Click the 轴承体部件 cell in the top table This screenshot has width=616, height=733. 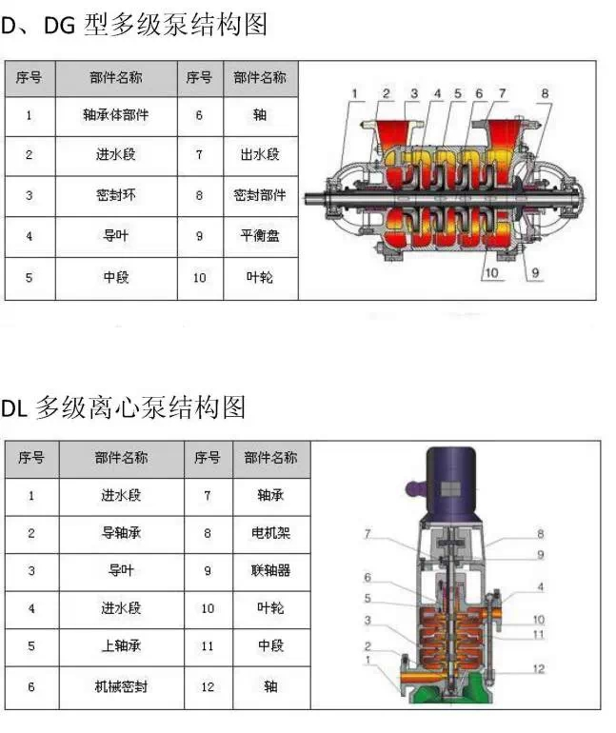(x=116, y=116)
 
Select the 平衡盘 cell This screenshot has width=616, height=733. (x=260, y=236)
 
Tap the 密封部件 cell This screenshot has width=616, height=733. (x=260, y=196)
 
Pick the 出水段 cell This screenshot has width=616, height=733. (x=260, y=156)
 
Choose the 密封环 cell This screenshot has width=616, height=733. (x=116, y=196)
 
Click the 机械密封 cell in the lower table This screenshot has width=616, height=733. (x=122, y=687)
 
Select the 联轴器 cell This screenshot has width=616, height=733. (x=271, y=572)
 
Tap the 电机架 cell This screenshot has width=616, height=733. (x=271, y=534)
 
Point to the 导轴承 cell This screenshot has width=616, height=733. (x=122, y=534)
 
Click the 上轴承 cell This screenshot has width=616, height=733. (x=122, y=647)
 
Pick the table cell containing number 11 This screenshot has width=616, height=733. (x=208, y=647)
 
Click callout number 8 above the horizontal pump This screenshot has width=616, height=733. (x=545, y=94)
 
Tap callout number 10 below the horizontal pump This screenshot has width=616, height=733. (x=491, y=272)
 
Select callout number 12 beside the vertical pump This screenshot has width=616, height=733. (x=539, y=669)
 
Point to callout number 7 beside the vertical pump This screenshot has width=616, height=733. (x=368, y=533)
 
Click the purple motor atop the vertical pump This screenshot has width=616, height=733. (x=451, y=484)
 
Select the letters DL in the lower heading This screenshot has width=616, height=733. (x=15, y=408)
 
